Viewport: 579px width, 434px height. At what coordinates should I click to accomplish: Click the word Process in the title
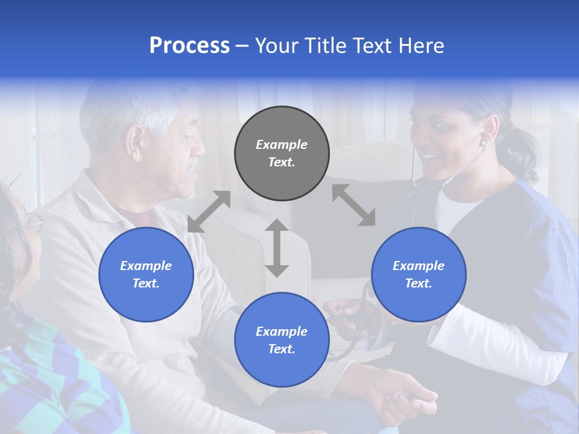click(189, 46)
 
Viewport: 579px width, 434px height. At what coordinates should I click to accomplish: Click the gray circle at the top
click(282, 153)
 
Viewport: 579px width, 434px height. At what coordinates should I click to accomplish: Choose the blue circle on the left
click(146, 274)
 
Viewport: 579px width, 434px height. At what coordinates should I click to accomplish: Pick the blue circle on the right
click(419, 274)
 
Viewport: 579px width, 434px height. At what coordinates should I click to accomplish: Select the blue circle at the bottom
click(282, 339)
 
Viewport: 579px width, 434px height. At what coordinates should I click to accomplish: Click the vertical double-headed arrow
click(277, 248)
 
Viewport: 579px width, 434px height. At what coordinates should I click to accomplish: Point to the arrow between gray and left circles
click(209, 211)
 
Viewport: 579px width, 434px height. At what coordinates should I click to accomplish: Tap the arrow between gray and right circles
click(353, 205)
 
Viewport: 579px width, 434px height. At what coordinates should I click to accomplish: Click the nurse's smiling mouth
click(429, 158)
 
